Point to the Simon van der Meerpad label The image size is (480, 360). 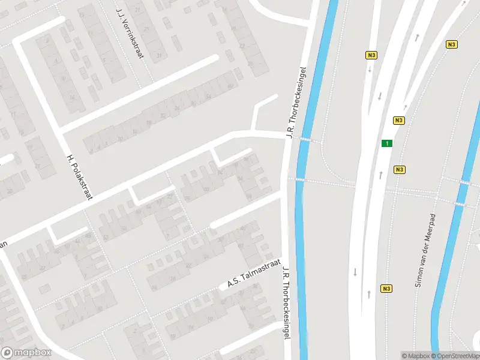click(x=425, y=248)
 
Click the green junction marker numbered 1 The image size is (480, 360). click(x=388, y=143)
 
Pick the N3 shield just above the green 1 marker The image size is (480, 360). click(x=399, y=121)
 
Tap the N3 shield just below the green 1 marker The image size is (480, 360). click(x=399, y=170)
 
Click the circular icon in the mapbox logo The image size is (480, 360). click(x=8, y=353)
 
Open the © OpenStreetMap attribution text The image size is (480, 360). click(x=454, y=356)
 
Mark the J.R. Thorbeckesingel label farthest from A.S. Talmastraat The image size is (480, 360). click(x=296, y=102)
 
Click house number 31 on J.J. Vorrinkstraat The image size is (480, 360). click(x=159, y=56)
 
